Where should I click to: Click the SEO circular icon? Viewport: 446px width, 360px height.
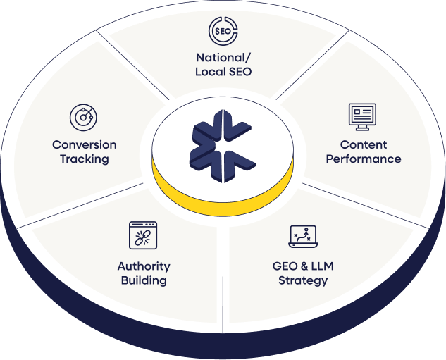(223, 32)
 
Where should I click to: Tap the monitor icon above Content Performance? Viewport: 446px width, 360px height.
(362, 117)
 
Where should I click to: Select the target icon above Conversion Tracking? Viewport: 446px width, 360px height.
(83, 118)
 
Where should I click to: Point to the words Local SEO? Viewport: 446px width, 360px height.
(223, 71)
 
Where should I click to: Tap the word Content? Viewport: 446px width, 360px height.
(364, 144)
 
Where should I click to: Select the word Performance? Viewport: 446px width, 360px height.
(364, 159)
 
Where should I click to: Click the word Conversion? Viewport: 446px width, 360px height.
(85, 144)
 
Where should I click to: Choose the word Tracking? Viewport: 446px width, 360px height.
(85, 159)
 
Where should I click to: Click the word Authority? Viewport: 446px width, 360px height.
(143, 266)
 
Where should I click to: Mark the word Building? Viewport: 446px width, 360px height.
(143, 280)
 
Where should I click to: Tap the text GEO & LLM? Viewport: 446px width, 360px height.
(303, 266)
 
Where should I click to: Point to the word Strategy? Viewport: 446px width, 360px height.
(303, 280)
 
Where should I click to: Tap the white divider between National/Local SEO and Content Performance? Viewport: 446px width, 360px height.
(314, 67)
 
